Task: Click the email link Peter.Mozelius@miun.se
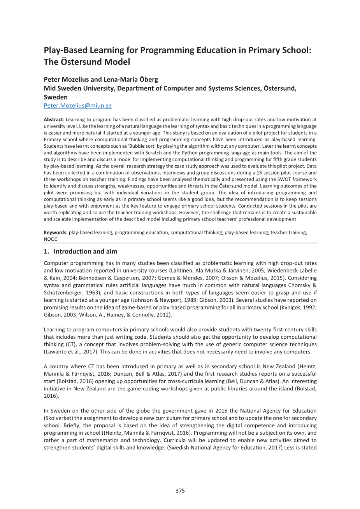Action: (x=77, y=105)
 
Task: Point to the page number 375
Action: (x=180, y=491)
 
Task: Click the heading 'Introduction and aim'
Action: (x=85, y=251)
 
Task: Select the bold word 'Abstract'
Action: (x=53, y=120)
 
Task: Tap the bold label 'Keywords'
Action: (x=55, y=233)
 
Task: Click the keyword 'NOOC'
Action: (x=51, y=239)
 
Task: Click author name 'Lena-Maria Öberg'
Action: (x=131, y=79)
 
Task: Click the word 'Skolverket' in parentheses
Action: (x=58, y=418)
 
